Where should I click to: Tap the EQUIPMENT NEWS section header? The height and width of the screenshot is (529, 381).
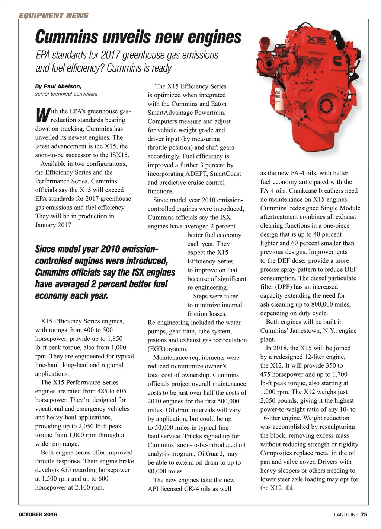(54, 15)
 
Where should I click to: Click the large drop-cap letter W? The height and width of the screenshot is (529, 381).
(42, 115)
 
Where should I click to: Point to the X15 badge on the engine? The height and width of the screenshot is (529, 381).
(317, 40)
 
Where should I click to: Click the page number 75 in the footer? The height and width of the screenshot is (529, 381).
(364, 514)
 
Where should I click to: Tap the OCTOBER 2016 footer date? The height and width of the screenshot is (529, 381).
(38, 514)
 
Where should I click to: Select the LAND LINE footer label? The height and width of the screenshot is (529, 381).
(346, 514)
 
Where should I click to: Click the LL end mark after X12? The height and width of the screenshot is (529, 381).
(289, 488)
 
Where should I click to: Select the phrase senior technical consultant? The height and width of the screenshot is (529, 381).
(66, 94)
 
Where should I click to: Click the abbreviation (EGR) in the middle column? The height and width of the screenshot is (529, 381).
(157, 349)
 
